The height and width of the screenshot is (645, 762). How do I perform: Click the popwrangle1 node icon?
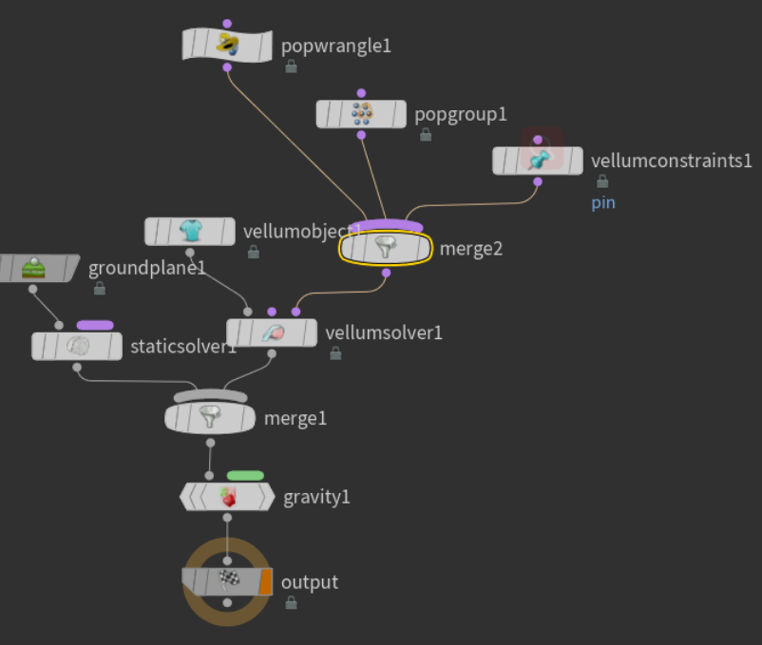click(x=227, y=45)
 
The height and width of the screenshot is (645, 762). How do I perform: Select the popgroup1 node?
click(x=361, y=114)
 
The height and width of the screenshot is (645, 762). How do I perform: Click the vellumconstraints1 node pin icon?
click(x=537, y=160)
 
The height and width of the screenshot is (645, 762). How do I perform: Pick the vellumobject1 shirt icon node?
click(x=190, y=231)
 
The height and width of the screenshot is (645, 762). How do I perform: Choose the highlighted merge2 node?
click(x=386, y=249)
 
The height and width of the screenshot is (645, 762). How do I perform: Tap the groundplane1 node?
click(x=35, y=268)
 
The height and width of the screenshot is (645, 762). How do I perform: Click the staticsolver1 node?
click(x=77, y=346)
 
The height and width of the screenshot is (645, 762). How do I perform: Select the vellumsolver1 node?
click(x=272, y=333)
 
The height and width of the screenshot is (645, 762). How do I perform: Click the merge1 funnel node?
click(x=210, y=417)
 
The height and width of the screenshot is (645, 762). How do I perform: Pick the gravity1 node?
click(x=227, y=496)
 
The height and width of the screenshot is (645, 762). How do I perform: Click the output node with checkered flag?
click(x=226, y=581)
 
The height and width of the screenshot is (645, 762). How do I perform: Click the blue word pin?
click(x=603, y=202)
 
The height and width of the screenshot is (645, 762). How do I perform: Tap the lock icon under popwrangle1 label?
click(x=291, y=66)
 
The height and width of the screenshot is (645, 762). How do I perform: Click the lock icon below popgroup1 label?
click(x=425, y=135)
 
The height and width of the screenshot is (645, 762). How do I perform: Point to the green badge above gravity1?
click(x=245, y=476)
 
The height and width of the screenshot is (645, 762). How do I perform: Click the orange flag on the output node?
click(x=266, y=581)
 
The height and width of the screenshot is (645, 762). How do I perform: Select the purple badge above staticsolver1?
click(x=95, y=325)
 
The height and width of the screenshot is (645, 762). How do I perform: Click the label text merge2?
click(x=471, y=249)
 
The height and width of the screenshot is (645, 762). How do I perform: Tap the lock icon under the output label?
click(x=291, y=602)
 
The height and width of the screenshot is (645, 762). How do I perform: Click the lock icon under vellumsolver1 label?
click(x=335, y=353)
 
